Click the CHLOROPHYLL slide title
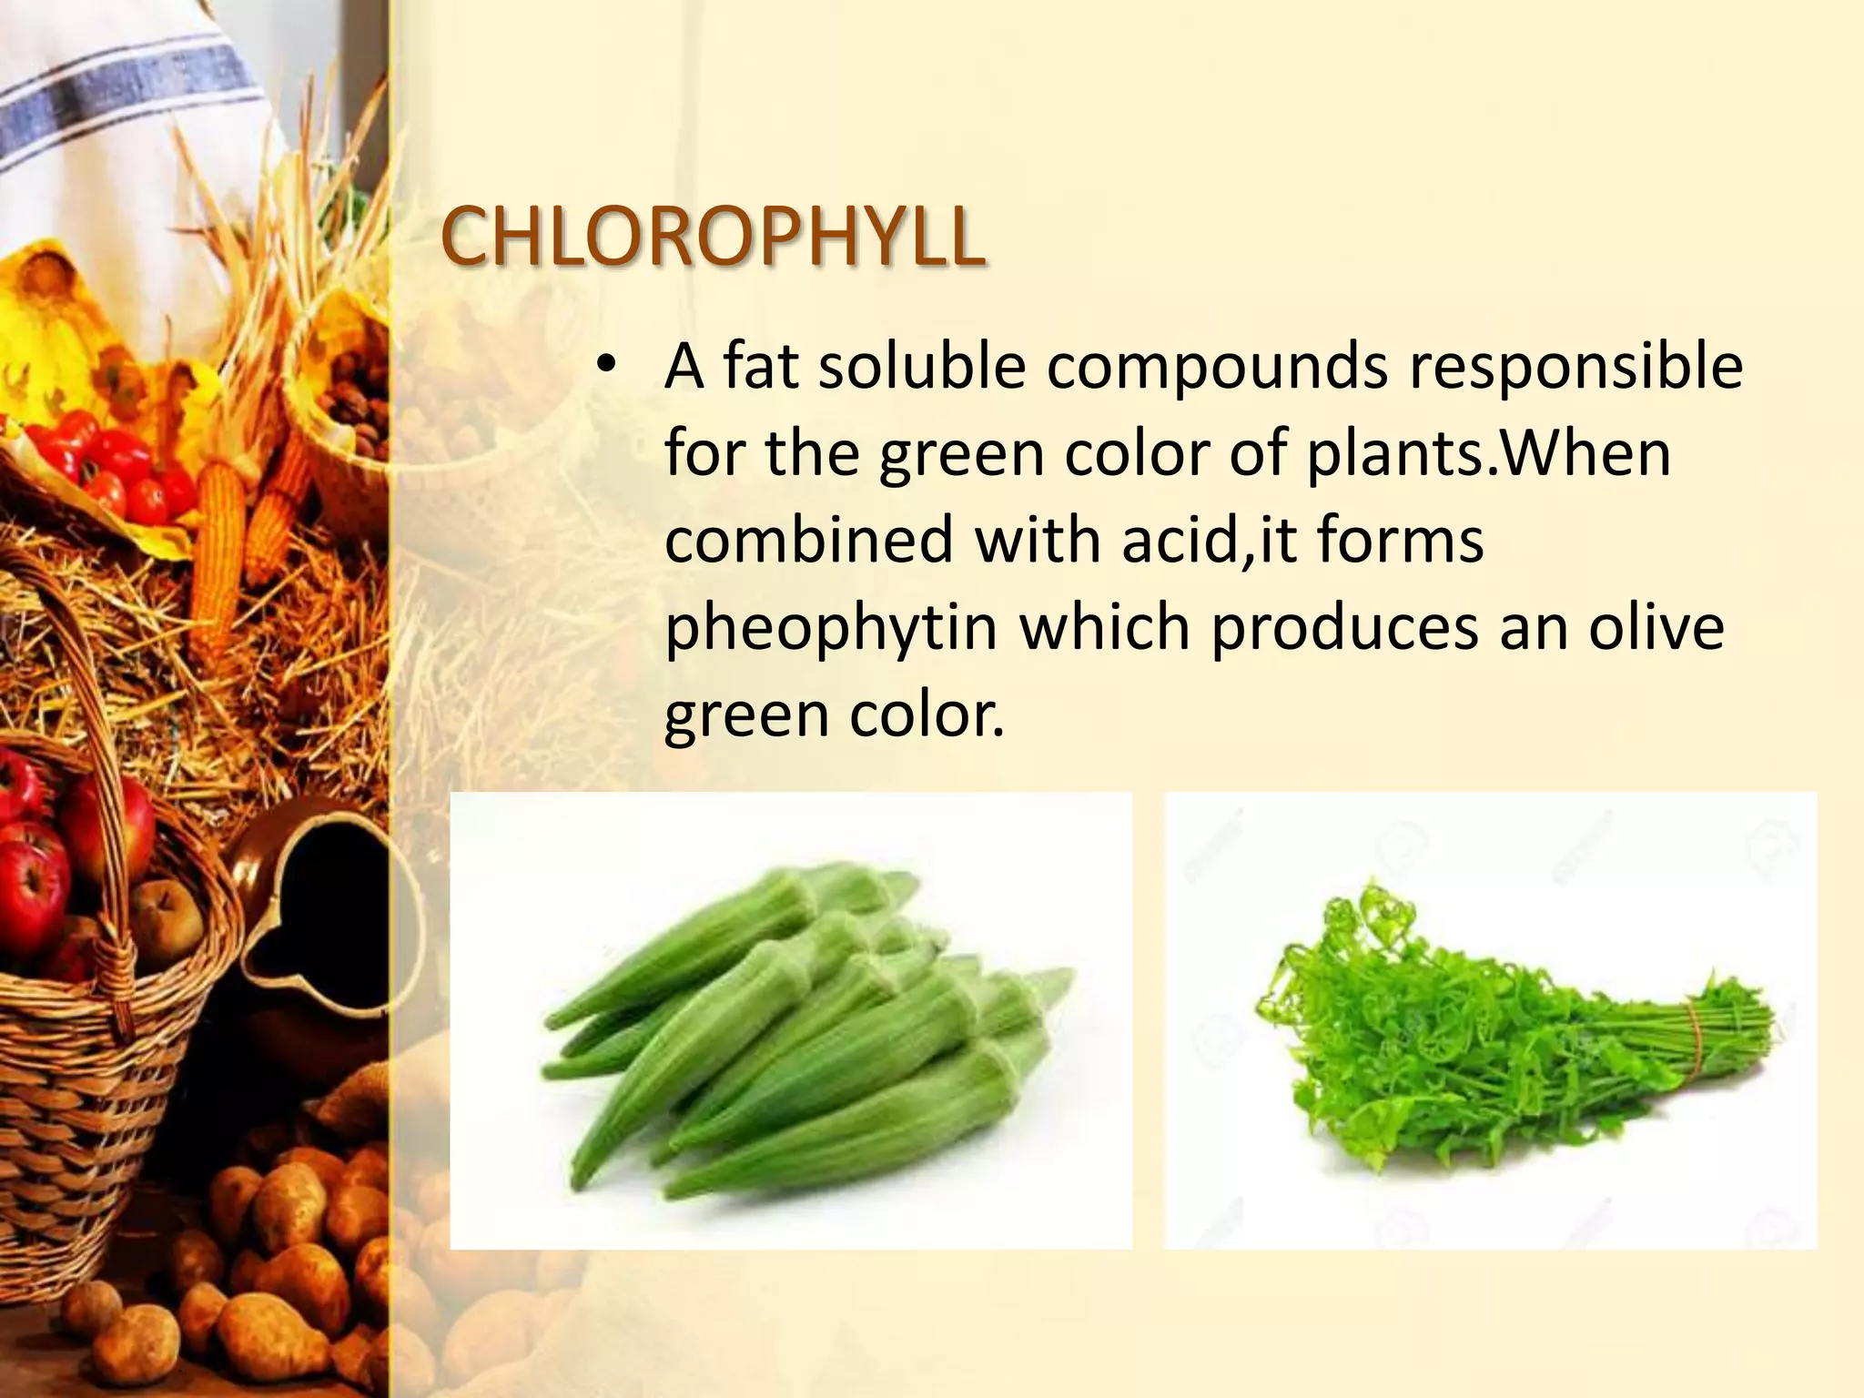(712, 237)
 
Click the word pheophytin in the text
(831, 629)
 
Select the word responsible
(1575, 367)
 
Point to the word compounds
(1217, 367)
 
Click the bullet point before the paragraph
(606, 367)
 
